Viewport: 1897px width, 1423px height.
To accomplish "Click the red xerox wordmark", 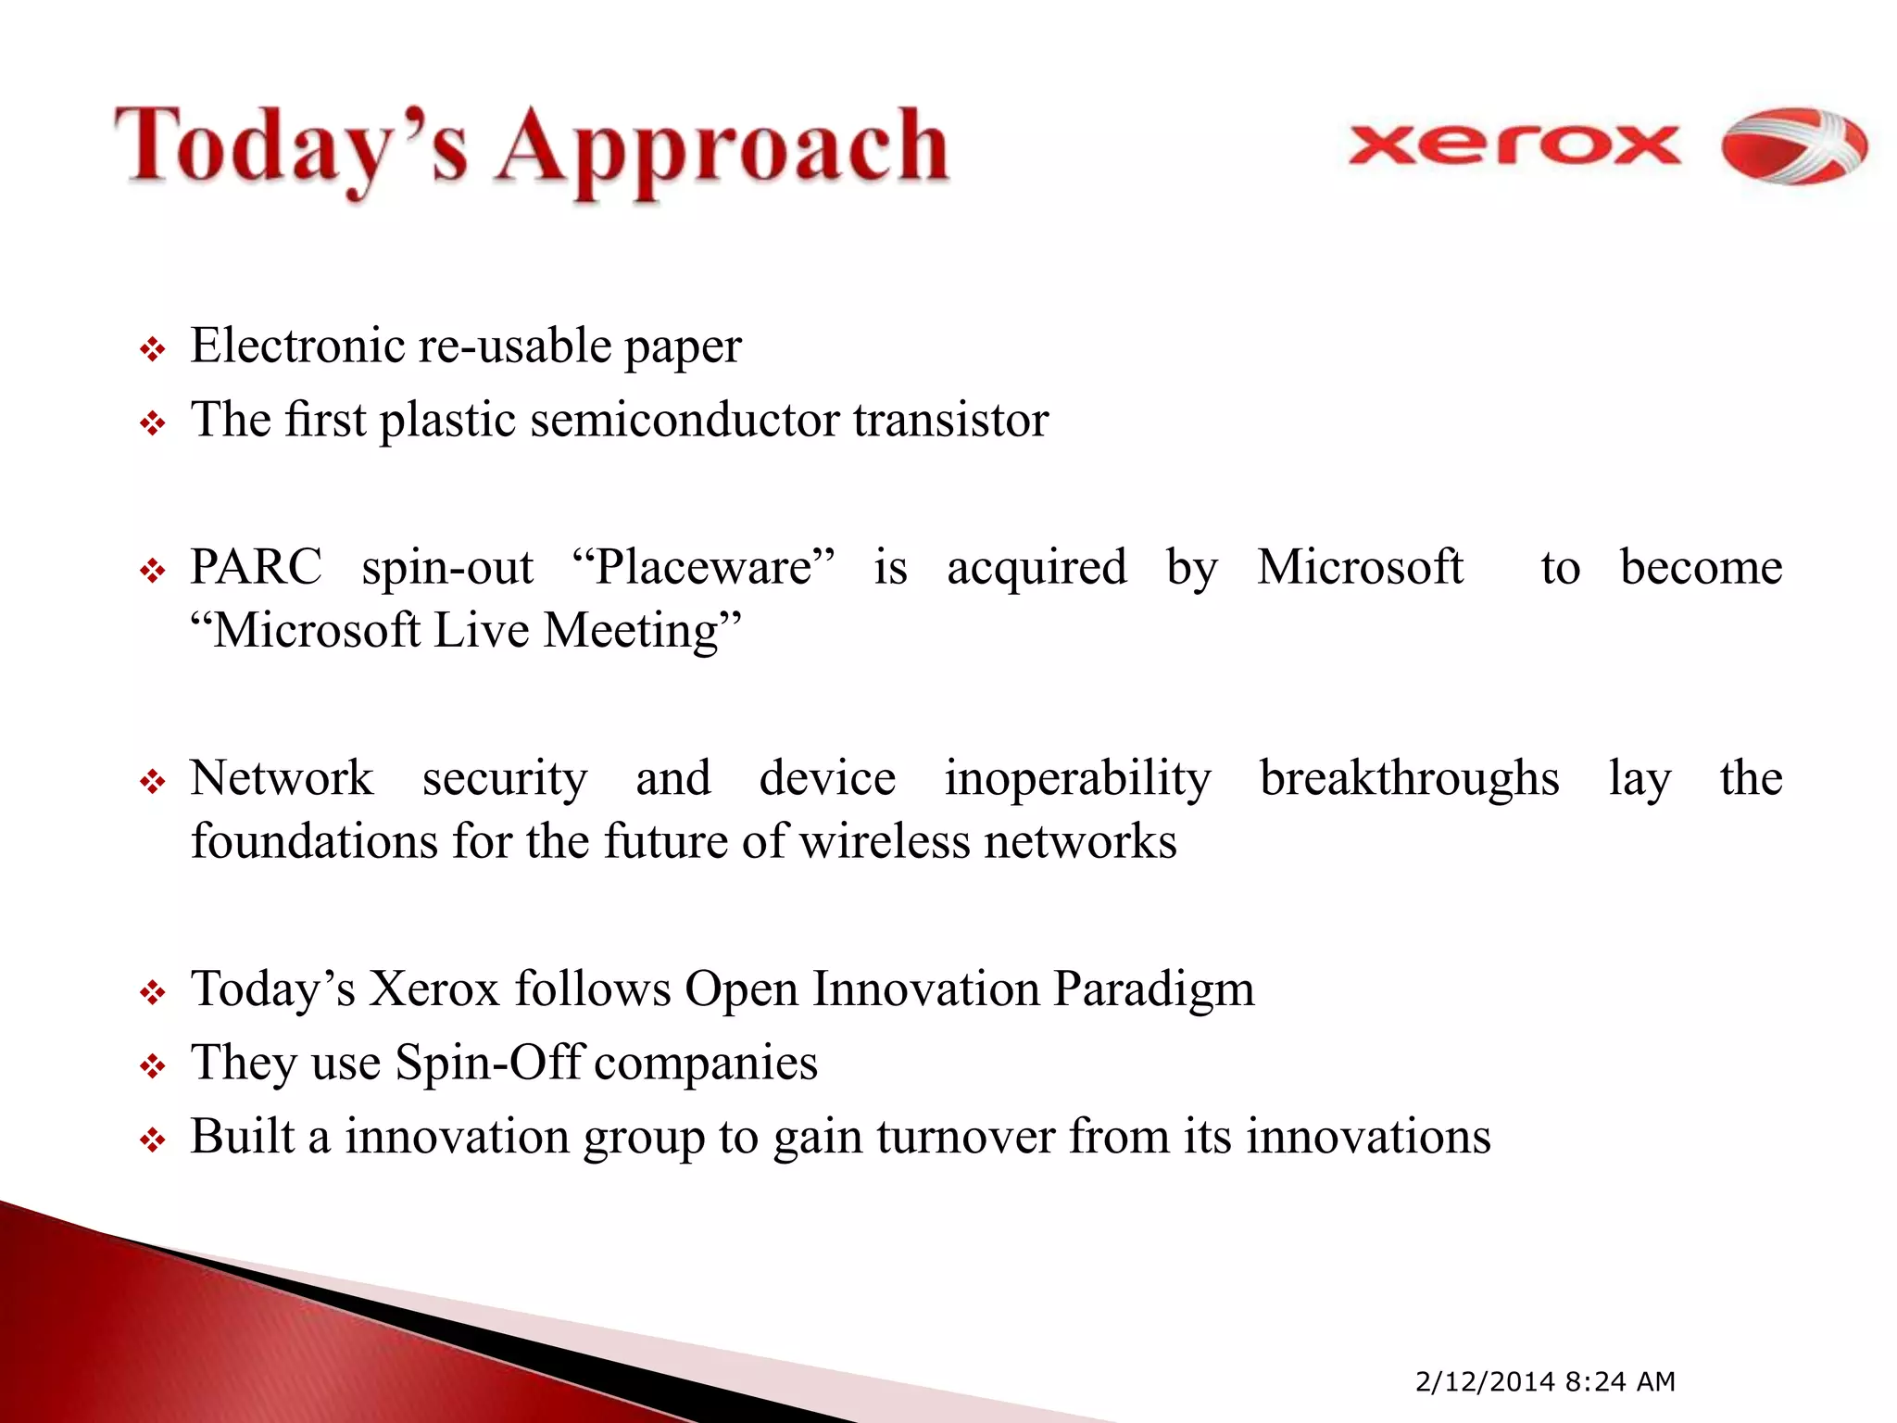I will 1514,145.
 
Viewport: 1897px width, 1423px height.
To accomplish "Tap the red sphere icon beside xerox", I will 1793,145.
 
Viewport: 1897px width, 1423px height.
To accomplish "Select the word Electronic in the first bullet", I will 296,346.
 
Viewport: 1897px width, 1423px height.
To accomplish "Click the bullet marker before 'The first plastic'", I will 152,424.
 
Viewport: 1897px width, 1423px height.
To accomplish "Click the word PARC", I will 256,567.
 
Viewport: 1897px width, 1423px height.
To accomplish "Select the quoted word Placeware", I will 704,567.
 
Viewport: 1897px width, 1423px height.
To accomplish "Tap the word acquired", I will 1036,567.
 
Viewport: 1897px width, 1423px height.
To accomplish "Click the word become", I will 1701,567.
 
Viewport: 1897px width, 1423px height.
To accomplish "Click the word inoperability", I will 1077,778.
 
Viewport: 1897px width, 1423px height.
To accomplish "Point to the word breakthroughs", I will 1409,778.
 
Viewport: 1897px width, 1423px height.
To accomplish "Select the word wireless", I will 884,842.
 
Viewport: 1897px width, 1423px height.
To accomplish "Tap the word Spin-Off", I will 488,1063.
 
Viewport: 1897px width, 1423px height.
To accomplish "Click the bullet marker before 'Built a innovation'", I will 152,1140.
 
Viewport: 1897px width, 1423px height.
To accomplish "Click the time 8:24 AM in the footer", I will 1620,1381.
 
